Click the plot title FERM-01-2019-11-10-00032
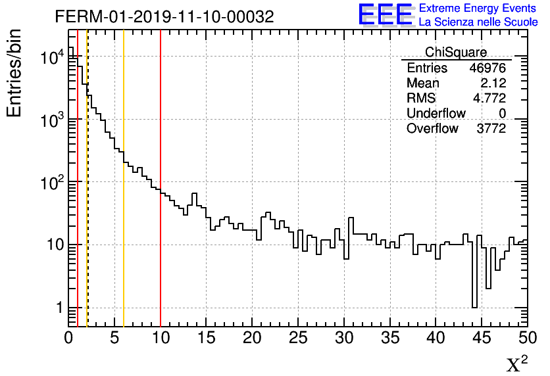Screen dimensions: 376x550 pyautogui.click(x=164, y=16)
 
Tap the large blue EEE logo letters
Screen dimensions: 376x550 pyautogui.click(x=385, y=14)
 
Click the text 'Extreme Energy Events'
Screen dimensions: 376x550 pyautogui.click(x=477, y=8)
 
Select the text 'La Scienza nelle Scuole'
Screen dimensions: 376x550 pyautogui.click(x=478, y=22)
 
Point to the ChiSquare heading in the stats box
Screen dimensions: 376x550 pyautogui.click(x=456, y=53)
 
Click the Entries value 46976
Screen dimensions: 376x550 pyautogui.click(x=488, y=68)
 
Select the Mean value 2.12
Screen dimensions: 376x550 pyautogui.click(x=493, y=83)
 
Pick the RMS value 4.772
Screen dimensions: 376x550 pyautogui.click(x=490, y=99)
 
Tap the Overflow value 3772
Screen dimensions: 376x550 pyautogui.click(x=491, y=129)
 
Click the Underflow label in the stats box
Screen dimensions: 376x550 pyautogui.click(x=436, y=114)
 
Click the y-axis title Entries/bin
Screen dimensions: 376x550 pyautogui.click(x=14, y=72)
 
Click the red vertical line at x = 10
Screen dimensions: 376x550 pyautogui.click(x=161, y=197)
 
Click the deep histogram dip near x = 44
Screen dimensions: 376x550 pyautogui.click(x=474, y=283)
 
